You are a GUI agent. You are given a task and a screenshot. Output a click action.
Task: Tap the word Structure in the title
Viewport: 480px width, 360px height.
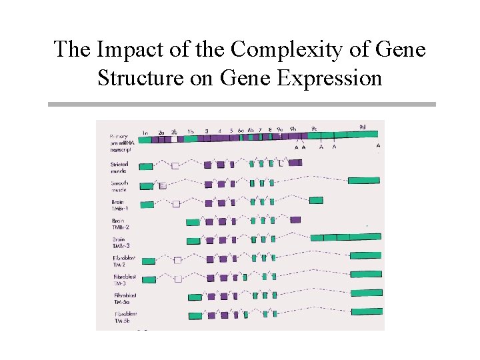[137, 78]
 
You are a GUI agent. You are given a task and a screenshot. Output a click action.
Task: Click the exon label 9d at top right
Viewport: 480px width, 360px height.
[362, 126]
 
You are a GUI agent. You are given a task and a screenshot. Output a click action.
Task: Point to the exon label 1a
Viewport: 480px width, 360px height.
[145, 132]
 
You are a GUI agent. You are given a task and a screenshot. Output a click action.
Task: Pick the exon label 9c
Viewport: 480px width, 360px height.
[314, 127]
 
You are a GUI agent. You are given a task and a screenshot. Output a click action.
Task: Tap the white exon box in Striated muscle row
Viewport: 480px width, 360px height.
[175, 165]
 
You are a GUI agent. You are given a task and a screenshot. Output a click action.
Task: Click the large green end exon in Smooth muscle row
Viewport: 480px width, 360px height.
[363, 180]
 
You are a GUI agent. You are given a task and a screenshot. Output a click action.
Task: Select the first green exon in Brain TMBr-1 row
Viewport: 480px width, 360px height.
[147, 204]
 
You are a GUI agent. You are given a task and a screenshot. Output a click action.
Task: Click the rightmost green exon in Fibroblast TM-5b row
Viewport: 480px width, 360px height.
[367, 311]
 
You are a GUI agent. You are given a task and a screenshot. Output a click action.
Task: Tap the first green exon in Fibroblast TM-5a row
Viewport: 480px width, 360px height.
[195, 297]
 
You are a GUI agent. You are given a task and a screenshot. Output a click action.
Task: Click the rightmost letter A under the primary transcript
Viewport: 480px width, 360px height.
[378, 145]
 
